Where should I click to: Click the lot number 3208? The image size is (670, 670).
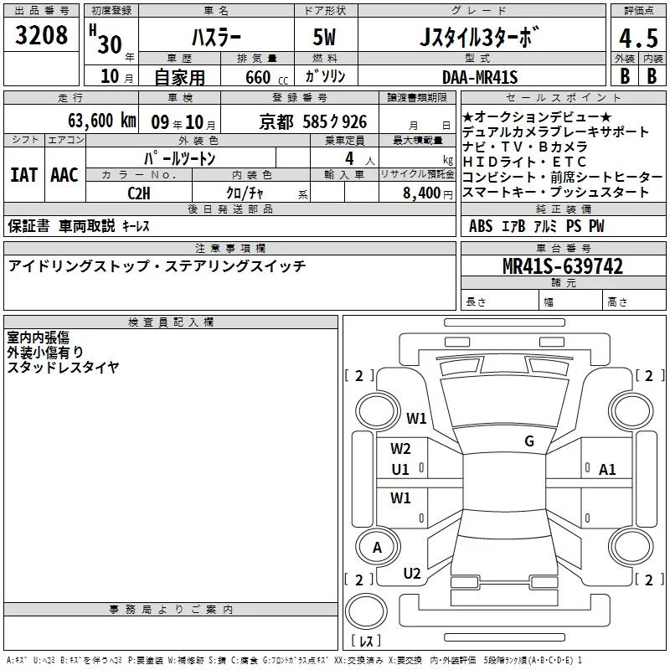click(42, 35)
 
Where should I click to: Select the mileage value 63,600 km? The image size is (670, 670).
click(93, 121)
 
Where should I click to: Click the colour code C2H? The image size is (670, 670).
click(139, 192)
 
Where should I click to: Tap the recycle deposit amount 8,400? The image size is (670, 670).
click(421, 193)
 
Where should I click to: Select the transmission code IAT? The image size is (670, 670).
click(23, 175)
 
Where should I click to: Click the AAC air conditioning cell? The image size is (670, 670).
click(64, 175)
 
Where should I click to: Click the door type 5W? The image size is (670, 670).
click(326, 38)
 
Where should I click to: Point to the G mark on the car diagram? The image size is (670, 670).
click(528, 441)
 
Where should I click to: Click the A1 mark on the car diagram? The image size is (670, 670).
click(607, 470)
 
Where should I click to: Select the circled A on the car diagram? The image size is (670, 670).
click(377, 548)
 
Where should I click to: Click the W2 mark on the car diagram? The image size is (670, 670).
click(401, 449)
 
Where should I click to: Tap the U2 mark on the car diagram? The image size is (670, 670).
click(412, 573)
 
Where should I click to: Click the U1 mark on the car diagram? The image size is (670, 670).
click(400, 469)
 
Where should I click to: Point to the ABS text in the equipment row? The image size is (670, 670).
click(481, 226)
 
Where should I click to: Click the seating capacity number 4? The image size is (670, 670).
click(348, 157)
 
